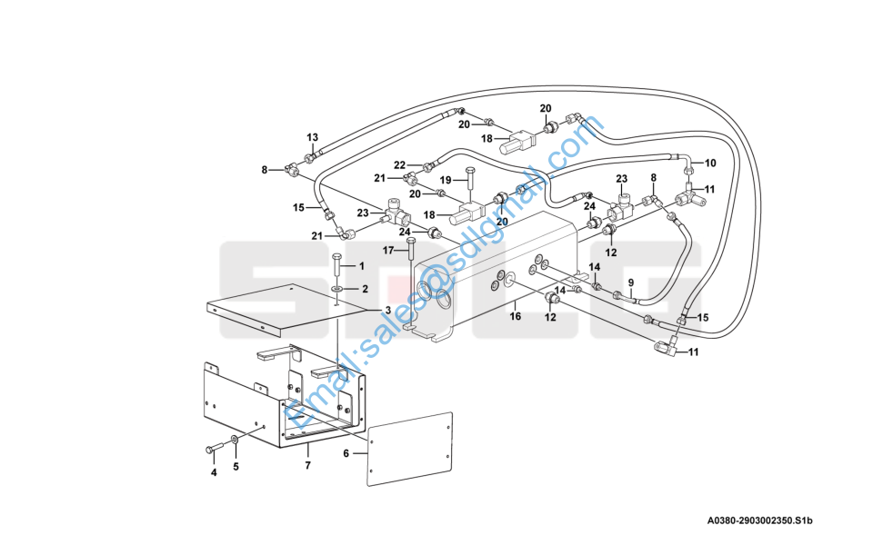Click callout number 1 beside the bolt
(x=361, y=266)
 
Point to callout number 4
(x=214, y=472)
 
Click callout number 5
(x=236, y=467)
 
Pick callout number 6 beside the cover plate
(x=346, y=452)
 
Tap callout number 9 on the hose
(x=630, y=282)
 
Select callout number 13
(x=312, y=137)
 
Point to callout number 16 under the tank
(x=515, y=317)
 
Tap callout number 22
(x=399, y=164)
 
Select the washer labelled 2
(x=336, y=289)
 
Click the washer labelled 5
(x=236, y=441)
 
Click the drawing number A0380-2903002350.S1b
(x=759, y=520)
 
